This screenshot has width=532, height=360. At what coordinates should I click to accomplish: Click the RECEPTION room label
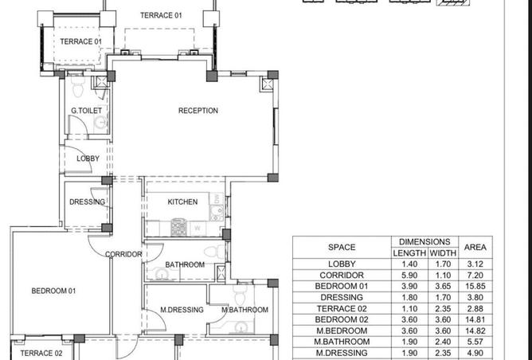coord(198,111)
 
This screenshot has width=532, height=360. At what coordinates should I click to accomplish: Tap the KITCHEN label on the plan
coord(182,202)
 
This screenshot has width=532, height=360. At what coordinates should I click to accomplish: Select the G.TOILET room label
coord(86,111)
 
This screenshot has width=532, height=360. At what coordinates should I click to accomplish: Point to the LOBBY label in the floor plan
coord(88,158)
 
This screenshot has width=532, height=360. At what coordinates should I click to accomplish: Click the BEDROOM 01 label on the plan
coord(53,291)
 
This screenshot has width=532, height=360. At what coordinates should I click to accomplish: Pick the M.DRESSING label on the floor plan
coord(182,310)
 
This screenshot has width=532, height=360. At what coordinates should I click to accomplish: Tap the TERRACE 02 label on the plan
coord(41,353)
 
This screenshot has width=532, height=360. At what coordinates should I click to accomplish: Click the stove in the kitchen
coord(178,227)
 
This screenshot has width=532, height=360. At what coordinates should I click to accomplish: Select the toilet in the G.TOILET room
coord(78,85)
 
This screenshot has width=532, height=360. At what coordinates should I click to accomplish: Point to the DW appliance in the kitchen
coord(217,198)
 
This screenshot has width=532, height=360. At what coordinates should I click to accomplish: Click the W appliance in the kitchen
coord(198,228)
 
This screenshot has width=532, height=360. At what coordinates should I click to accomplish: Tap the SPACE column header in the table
coord(342,248)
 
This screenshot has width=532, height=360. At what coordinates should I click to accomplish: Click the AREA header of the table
coord(475,248)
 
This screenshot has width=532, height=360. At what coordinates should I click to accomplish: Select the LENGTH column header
coord(409,253)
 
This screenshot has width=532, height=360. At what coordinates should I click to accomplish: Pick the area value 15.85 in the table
coord(475,286)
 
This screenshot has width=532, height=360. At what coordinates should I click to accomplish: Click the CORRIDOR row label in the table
coord(342,275)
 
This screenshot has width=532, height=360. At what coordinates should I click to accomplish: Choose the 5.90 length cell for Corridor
coord(409,275)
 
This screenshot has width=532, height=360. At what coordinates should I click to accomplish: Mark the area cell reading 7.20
coord(475,275)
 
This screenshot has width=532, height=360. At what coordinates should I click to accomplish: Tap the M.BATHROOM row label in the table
coord(342,342)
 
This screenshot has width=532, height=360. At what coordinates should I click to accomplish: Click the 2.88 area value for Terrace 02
coord(475,308)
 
